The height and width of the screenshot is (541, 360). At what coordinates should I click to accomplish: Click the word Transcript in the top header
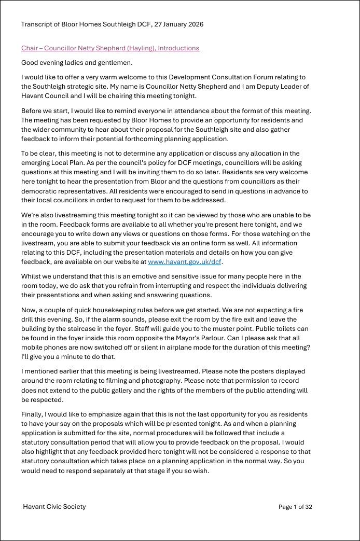coord(37,24)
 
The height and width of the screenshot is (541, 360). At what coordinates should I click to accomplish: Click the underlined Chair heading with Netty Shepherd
coord(110,48)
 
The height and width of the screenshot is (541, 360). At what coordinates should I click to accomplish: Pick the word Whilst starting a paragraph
coord(31,276)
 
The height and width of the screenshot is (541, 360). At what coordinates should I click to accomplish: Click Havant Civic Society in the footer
coord(54,507)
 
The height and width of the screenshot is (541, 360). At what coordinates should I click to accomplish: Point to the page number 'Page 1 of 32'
coord(295,507)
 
